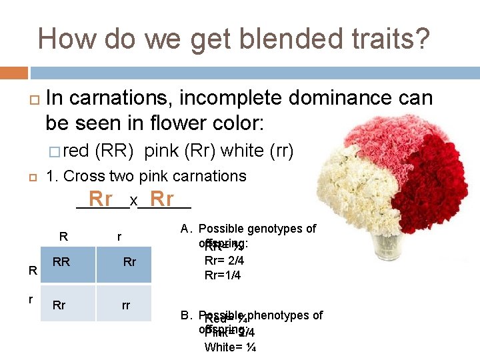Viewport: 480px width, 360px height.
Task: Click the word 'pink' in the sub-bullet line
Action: tap(161, 151)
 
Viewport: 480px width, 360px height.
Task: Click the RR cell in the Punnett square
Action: tap(61, 262)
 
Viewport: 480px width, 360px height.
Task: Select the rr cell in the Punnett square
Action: tap(125, 305)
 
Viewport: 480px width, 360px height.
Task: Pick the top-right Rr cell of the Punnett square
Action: tap(129, 262)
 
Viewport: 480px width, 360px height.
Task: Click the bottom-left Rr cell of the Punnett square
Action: tap(59, 305)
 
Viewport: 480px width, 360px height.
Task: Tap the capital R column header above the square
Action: tap(63, 235)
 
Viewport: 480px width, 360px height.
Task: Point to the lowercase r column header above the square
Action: tap(119, 236)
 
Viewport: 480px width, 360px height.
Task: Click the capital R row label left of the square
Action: tap(31, 270)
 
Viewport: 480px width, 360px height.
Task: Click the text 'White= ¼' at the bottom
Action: tap(229, 347)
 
